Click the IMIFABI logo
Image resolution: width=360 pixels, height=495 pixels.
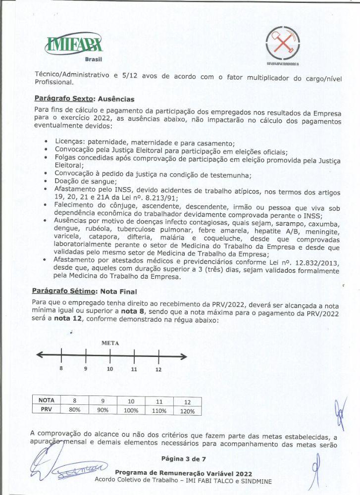click(x=74, y=46)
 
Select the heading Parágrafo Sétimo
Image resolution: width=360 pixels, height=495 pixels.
click(x=64, y=291)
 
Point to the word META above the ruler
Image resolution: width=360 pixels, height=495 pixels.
click(x=110, y=343)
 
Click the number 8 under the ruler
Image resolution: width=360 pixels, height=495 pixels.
click(x=61, y=369)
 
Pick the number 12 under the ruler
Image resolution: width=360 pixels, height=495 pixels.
click(x=158, y=369)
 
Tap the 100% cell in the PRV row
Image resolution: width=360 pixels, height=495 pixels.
click(x=131, y=410)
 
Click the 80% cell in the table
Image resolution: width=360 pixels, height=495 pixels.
click(x=75, y=410)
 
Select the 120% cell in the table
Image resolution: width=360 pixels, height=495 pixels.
click(x=187, y=411)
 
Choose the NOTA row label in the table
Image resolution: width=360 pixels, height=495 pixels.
click(x=46, y=400)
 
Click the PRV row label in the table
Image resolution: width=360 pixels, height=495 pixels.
click(x=46, y=410)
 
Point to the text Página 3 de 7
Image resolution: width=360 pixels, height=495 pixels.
click(x=183, y=459)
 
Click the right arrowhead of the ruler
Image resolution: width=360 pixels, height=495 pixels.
click(x=184, y=355)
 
